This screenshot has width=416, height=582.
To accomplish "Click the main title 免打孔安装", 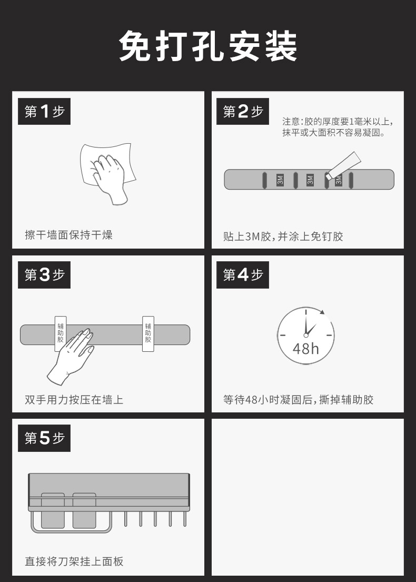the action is coord(208,46).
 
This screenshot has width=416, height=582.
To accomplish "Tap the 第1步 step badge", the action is coord(44,111).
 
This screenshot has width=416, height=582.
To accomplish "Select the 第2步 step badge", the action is coord(243,111).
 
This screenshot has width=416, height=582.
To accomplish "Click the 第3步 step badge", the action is coord(44,275).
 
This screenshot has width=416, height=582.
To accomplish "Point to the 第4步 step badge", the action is coord(243,275).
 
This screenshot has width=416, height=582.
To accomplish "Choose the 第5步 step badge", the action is coord(44,438).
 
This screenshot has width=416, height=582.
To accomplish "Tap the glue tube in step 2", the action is coord(343,165).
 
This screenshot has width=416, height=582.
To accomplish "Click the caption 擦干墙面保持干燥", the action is coord(68,235).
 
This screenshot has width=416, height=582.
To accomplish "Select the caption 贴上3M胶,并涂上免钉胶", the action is coord(283,236).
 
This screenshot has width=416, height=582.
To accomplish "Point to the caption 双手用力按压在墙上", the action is coord(74,400).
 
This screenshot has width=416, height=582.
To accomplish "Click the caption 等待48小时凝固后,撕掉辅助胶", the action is coord(299,400).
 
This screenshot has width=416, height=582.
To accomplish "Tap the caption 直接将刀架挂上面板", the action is coord(74,561).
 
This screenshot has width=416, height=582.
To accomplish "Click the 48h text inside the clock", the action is coord(306,349).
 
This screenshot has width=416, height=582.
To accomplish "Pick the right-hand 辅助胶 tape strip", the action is coord(148,334).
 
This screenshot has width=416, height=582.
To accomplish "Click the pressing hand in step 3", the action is coord(71,357).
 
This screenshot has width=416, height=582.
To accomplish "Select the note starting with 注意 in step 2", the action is coord(338,127).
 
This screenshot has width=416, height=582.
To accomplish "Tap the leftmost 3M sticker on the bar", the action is coord(280,180).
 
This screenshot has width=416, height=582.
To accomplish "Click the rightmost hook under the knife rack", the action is coord(185,519).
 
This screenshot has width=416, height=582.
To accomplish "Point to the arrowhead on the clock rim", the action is coord(322,312).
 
